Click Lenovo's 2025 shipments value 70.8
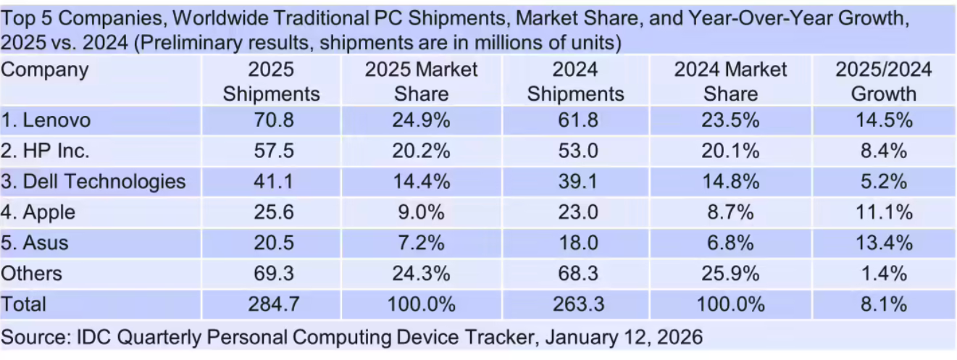pos(272,120)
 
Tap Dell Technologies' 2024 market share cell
pos(730,181)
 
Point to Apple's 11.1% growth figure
pos(883,212)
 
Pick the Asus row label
pos(36,242)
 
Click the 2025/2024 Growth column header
pos(883,81)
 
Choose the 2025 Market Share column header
pos(421,81)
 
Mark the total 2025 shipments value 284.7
pos(272,304)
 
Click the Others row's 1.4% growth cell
pos(883,273)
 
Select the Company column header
pos(46,70)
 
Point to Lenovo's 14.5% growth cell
pos(883,120)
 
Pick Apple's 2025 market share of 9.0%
pos(421,212)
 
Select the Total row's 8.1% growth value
pos(883,304)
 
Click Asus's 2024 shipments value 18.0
pos(575,242)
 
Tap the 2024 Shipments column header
pos(575,81)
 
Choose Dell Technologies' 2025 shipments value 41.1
pos(272,181)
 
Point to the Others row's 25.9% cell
pos(730,273)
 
